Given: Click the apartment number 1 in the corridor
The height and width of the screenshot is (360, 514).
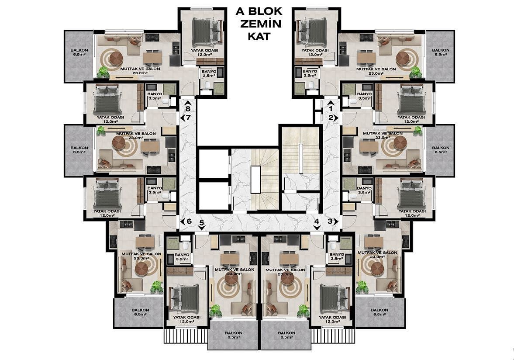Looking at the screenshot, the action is (x=331, y=108).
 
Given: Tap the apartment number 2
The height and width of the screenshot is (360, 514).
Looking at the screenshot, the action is (x=331, y=118).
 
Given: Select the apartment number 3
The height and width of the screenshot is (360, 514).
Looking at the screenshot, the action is (x=330, y=221).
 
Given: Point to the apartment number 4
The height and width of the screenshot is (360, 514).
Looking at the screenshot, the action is (x=316, y=221).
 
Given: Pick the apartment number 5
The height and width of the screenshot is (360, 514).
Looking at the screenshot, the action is (x=201, y=223).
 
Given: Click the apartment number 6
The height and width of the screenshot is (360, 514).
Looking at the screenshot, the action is (x=189, y=221).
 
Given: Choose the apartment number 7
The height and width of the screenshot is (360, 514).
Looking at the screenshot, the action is (x=188, y=118).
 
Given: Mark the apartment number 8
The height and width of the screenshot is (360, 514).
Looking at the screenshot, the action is (x=188, y=109).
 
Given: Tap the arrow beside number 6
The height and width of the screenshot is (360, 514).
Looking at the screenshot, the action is (x=183, y=221).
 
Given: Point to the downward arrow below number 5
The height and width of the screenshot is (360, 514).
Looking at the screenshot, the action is (x=201, y=228).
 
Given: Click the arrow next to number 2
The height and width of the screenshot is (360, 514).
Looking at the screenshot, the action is (x=337, y=118).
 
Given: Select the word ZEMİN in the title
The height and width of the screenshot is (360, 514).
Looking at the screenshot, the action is (x=260, y=24).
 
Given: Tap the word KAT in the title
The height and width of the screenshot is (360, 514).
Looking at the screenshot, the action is (x=259, y=36).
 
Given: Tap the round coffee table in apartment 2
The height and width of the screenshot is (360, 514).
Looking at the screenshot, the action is (x=400, y=142).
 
